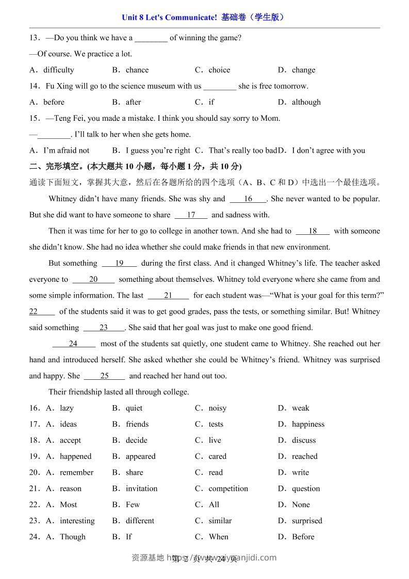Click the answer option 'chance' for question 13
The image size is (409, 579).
click(137, 70)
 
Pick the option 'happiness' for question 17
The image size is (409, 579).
click(308, 424)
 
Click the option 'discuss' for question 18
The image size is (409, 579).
click(304, 440)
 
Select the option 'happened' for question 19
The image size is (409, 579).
click(75, 456)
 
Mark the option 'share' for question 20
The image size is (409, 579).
click(135, 473)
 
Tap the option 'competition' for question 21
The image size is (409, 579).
click(228, 489)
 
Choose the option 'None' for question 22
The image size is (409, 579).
click(301, 505)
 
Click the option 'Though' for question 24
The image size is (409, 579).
click(73, 537)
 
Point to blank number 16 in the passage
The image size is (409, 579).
click(248, 199)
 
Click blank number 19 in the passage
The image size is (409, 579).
click(119, 263)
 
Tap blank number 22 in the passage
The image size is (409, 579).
click(34, 312)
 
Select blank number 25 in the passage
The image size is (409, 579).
click(104, 376)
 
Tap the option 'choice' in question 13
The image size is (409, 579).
click(219, 70)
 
